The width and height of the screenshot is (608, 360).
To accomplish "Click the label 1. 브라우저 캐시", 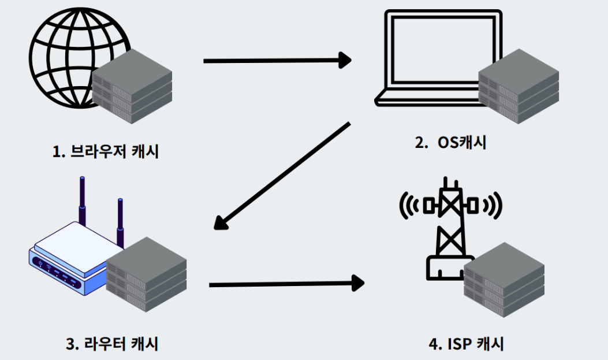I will (106, 152).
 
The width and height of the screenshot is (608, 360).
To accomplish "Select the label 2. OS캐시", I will (450, 142).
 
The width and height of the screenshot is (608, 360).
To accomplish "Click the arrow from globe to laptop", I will (277, 60).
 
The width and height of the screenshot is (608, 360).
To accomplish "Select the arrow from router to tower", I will (286, 284).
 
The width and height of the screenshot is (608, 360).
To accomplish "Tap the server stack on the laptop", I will (519, 86).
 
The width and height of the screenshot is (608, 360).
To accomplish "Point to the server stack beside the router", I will (147, 274).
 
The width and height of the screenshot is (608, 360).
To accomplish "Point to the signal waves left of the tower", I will (411, 205).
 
